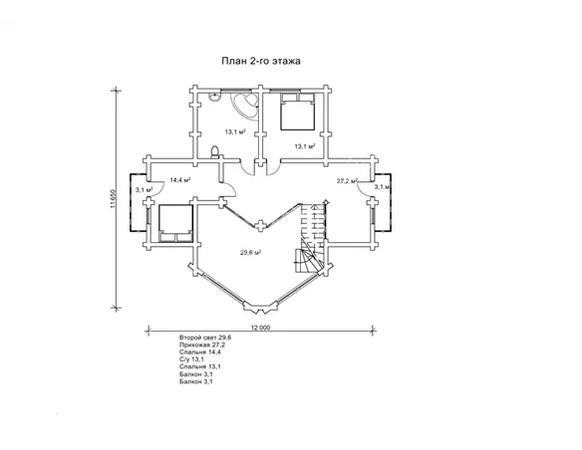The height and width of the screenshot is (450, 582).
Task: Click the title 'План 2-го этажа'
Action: (x=261, y=61)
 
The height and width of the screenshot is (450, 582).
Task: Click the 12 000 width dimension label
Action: (x=261, y=328)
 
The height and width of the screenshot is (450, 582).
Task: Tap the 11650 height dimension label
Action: (x=113, y=199)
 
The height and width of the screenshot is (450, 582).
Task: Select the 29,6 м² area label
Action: (x=250, y=253)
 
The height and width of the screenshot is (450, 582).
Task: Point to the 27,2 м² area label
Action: (x=347, y=181)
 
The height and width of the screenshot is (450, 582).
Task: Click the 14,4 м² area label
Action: (x=180, y=180)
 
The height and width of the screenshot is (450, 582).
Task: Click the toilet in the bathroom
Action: (x=214, y=152)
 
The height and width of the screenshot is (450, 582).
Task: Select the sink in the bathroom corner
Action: (x=214, y=96)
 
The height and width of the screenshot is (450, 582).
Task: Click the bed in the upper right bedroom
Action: (x=298, y=112)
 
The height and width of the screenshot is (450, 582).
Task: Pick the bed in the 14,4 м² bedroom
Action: (x=175, y=223)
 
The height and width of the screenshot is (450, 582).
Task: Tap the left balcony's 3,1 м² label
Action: (x=145, y=190)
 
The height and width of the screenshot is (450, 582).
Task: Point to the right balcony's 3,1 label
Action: (x=382, y=187)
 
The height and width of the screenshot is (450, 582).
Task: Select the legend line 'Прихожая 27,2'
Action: (x=202, y=344)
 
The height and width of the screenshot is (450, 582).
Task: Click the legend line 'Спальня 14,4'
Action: (x=200, y=352)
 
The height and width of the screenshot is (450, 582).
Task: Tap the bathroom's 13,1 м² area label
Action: (x=236, y=132)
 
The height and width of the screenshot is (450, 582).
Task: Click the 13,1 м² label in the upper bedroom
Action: (x=305, y=146)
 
